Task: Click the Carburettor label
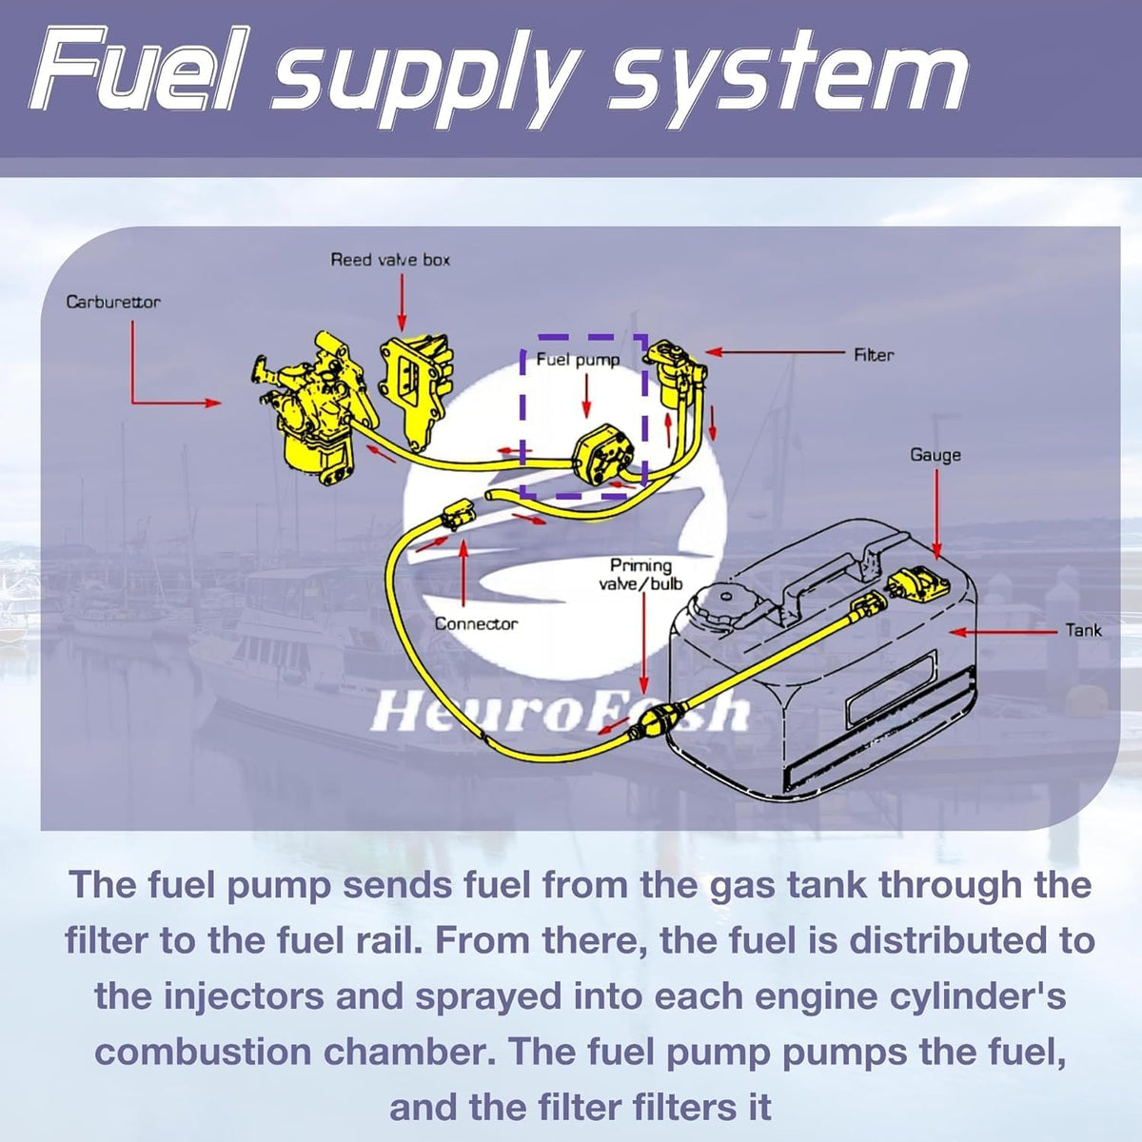113,303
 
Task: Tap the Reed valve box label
390,260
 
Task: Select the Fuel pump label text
578,360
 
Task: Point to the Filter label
874,355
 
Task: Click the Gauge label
935,455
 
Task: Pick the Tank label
1083,630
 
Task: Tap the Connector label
476,623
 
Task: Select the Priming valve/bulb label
640,574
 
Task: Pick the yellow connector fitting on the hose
458,514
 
